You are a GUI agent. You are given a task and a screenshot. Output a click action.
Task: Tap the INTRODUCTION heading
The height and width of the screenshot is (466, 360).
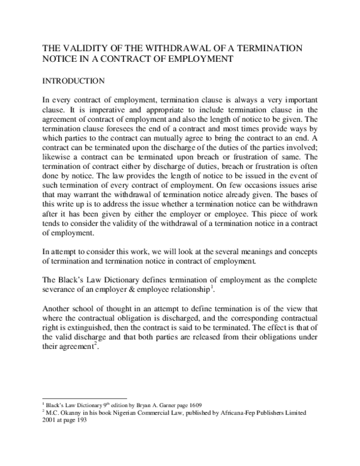[x=71, y=80]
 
